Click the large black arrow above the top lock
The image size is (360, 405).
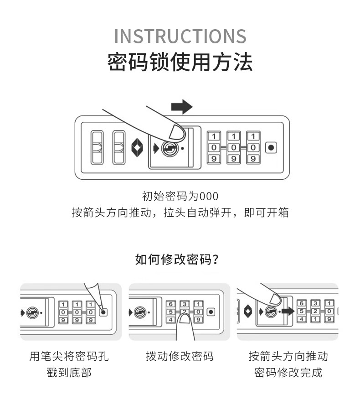tap(181, 107)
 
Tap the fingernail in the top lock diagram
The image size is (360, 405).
tap(177, 133)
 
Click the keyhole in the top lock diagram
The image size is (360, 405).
tap(169, 148)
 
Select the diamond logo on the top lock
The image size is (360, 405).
tap(138, 147)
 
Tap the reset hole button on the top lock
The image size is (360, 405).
tap(271, 147)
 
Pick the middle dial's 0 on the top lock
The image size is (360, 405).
tap(233, 147)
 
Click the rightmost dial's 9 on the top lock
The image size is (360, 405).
tap(253, 159)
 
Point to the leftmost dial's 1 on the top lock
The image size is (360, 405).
tap(214, 136)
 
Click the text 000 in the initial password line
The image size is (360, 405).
tap(210, 197)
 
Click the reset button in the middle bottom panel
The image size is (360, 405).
tap(211, 312)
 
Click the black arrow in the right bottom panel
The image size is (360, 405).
tap(288, 312)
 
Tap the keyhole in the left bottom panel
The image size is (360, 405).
tap(32, 313)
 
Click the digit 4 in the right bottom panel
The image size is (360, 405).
tap(301, 319)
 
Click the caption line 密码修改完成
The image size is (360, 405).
tap(288, 373)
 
